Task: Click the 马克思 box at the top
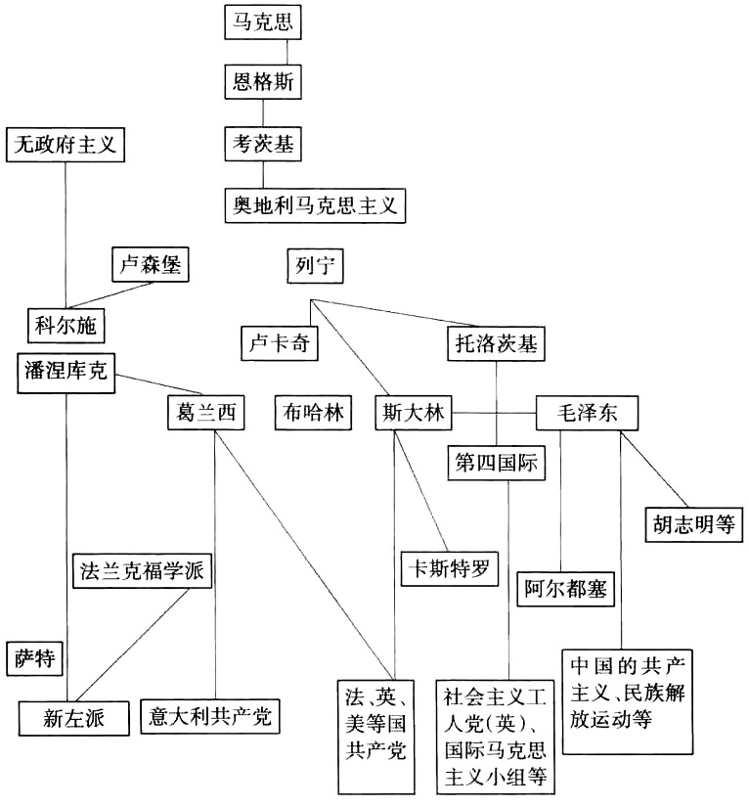pos(262,21)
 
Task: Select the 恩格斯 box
pos(262,82)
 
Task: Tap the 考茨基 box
pos(262,144)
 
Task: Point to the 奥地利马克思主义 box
pos(315,205)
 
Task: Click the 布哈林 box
pos(311,412)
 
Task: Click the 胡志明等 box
pos(692,522)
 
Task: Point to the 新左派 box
pos(74,717)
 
